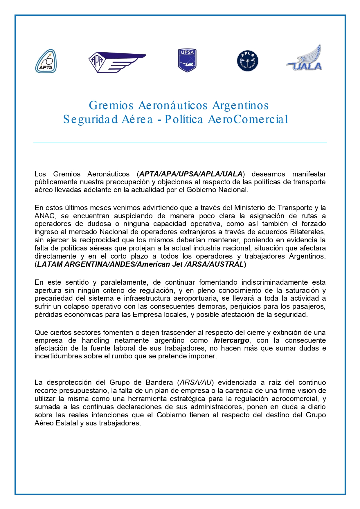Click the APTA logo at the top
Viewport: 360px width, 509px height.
pyautogui.click(x=46, y=61)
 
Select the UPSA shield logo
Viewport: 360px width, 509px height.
pyautogui.click(x=187, y=60)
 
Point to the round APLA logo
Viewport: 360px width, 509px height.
pyautogui.click(x=248, y=61)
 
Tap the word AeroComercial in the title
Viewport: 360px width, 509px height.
pyautogui.click(x=248, y=119)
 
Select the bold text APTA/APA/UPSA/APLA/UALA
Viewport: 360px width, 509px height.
pyautogui.click(x=191, y=174)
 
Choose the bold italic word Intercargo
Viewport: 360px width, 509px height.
pyautogui.click(x=231, y=340)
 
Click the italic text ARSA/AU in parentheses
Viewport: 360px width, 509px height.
pyautogui.click(x=196, y=382)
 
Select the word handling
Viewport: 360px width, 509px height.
pyautogui.click(x=95, y=340)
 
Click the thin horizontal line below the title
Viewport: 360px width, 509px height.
pyautogui.click(x=180, y=143)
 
